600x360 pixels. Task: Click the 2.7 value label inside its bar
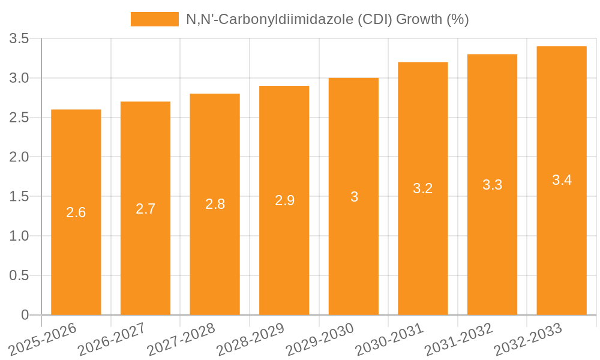point(146,209)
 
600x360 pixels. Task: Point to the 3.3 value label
point(493,185)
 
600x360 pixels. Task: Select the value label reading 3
point(354,197)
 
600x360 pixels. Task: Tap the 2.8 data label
point(215,204)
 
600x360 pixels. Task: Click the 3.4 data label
point(562,180)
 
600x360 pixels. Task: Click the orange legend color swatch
point(154,19)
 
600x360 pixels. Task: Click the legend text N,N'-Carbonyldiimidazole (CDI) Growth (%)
point(327,19)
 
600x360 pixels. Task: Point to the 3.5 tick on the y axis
point(19,39)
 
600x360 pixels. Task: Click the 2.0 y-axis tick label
point(19,157)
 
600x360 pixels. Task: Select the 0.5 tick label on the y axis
point(19,275)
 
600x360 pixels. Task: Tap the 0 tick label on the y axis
point(25,315)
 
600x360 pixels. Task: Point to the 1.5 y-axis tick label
point(19,197)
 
